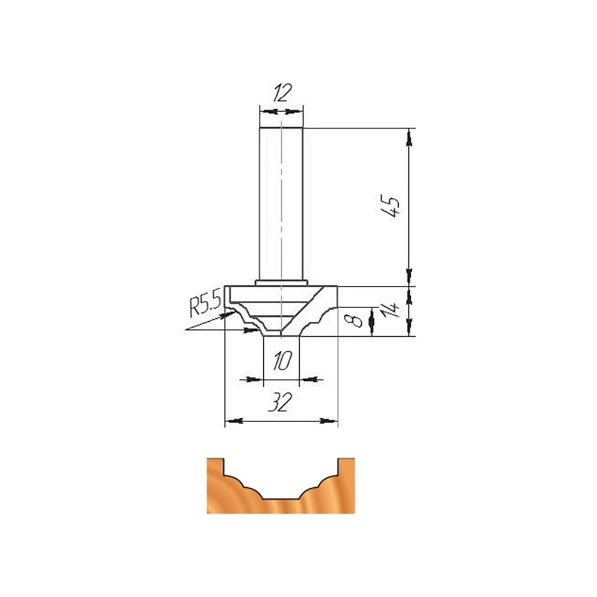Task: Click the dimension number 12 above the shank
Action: [x=282, y=93]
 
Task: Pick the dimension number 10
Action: [x=282, y=361]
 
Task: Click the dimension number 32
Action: [x=280, y=402]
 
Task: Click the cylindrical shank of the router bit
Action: [x=281, y=204]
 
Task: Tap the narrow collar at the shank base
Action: [x=281, y=283]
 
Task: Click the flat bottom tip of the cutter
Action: [x=281, y=336]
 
